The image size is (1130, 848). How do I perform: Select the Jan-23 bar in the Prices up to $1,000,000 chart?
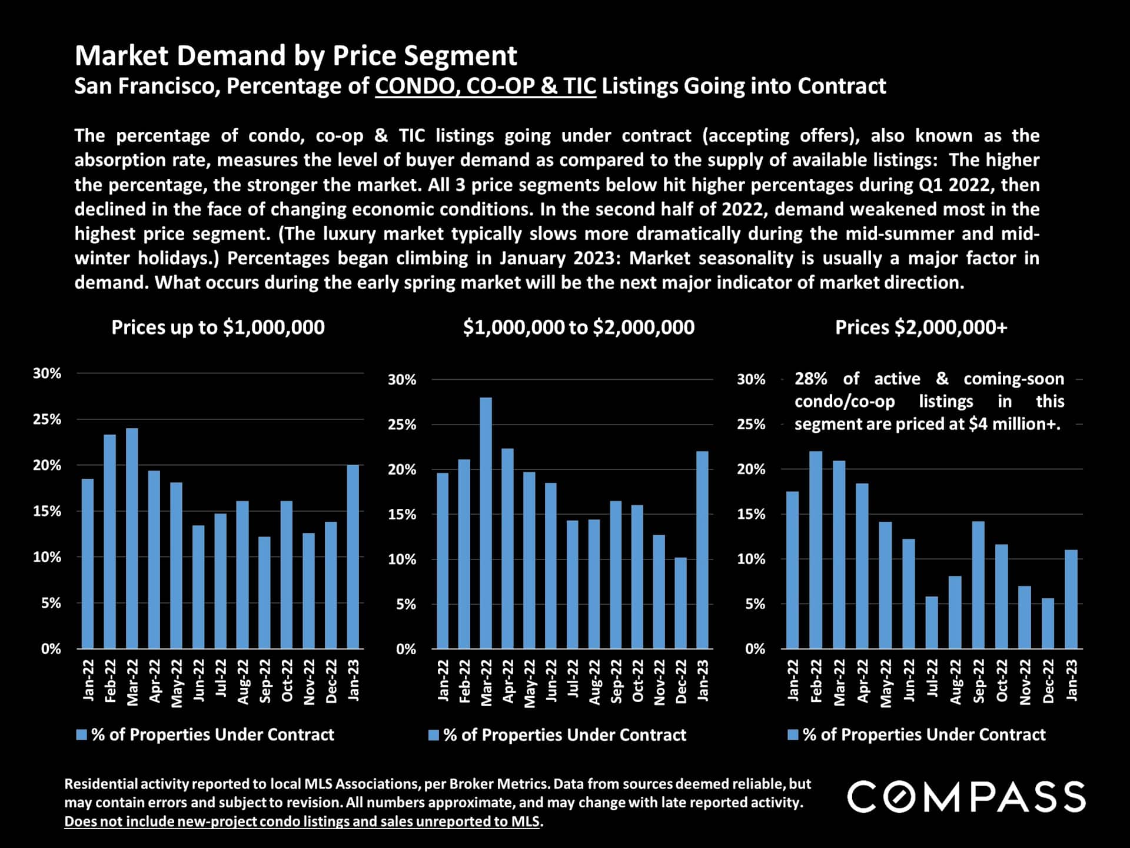pos(353,556)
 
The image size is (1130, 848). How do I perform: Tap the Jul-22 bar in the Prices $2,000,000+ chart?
pos(932,622)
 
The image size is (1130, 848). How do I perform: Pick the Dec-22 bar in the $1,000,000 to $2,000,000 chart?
pos(680,603)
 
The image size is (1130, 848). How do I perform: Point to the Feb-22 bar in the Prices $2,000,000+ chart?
pos(816,550)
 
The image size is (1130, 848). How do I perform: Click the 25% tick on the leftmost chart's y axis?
pos(47,419)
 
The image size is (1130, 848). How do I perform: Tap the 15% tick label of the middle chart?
pos(402,515)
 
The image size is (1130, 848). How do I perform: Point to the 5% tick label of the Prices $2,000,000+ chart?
pos(755,604)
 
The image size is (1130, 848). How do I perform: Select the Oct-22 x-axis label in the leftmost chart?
pos(287,681)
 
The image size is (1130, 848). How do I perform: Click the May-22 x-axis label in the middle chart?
pos(530,683)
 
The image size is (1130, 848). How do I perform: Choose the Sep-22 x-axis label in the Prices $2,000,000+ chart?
pos(978,681)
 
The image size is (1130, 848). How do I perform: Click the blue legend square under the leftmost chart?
pos(82,734)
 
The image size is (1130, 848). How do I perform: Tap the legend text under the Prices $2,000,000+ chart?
pos(924,734)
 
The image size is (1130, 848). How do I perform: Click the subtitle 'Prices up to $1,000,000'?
pos(218,327)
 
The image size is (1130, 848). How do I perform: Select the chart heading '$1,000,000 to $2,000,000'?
pos(579,327)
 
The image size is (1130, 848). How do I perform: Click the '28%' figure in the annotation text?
pos(810,379)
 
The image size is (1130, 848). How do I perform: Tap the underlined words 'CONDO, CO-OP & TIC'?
pos(486,86)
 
